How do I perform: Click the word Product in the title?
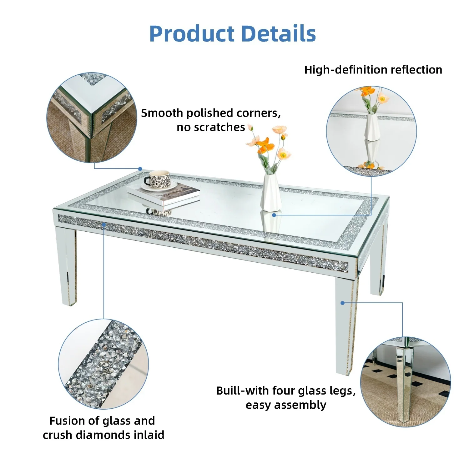[x=192, y=34]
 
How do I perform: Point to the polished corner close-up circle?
[x=92, y=118]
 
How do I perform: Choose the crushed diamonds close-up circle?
[x=103, y=364]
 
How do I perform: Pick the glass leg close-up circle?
[x=405, y=382]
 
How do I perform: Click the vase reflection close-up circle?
[x=371, y=131]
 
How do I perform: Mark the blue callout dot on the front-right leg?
[x=342, y=303]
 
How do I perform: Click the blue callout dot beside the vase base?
[x=274, y=215]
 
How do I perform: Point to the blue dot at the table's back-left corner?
[x=140, y=169]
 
